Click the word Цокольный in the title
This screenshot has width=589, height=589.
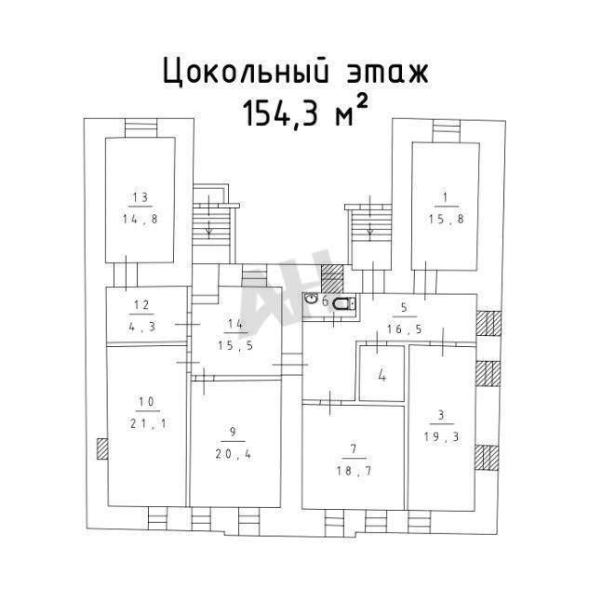tap(247, 72)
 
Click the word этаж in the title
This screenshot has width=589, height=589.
tap(387, 73)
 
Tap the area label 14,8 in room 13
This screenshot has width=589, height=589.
tap(141, 219)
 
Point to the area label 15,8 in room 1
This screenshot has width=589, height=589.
tap(447, 219)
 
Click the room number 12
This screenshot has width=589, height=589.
tap(141, 304)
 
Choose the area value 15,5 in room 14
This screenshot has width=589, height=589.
tap(235, 345)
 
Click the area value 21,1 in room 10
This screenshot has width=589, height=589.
tap(148, 423)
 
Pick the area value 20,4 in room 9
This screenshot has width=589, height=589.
tap(234, 454)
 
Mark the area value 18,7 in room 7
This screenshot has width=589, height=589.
tap(354, 471)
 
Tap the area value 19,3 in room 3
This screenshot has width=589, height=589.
tap(442, 437)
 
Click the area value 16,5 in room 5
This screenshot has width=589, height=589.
tap(405, 329)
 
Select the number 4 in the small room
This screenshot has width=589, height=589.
tap(382, 375)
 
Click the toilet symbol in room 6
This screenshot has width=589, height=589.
tap(343, 303)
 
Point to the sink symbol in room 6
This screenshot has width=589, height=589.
tap(312, 299)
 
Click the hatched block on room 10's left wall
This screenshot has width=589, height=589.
tap(102, 448)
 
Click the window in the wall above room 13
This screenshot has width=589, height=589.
tap(141, 128)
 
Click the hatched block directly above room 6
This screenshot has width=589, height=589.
tap(332, 279)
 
